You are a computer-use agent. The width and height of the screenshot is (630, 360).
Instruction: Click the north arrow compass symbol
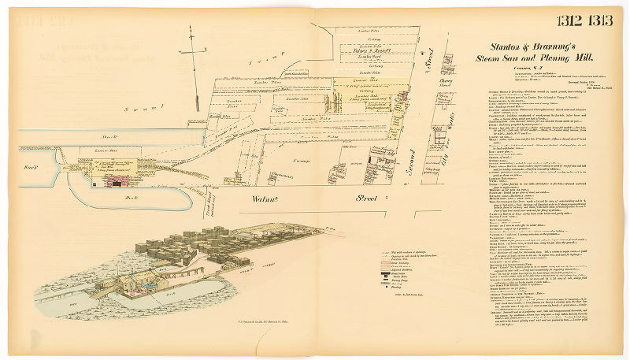click(x=192, y=52)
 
